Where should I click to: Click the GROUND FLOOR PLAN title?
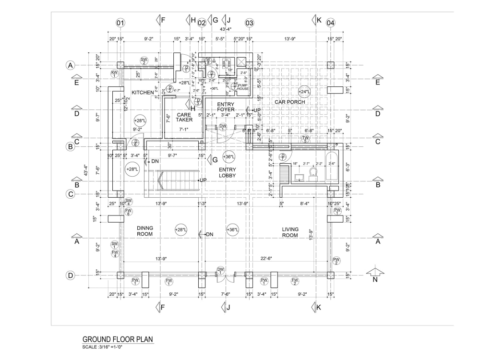[118, 339]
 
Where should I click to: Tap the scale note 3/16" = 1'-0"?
[103, 347]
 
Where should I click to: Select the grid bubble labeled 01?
[120, 23]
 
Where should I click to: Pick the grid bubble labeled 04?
[331, 23]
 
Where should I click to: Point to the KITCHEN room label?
[143, 92]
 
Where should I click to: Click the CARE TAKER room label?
[184, 117]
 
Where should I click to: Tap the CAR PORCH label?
[289, 102]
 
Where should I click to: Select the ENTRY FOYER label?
[226, 107]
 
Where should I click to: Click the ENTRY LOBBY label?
[227, 173]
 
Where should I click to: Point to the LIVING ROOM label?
[290, 232]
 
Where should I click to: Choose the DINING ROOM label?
[144, 231]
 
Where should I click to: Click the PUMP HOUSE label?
[243, 86]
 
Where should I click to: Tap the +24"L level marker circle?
[304, 92]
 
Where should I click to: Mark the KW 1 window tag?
[114, 73]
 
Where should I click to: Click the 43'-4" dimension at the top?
[226, 30]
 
